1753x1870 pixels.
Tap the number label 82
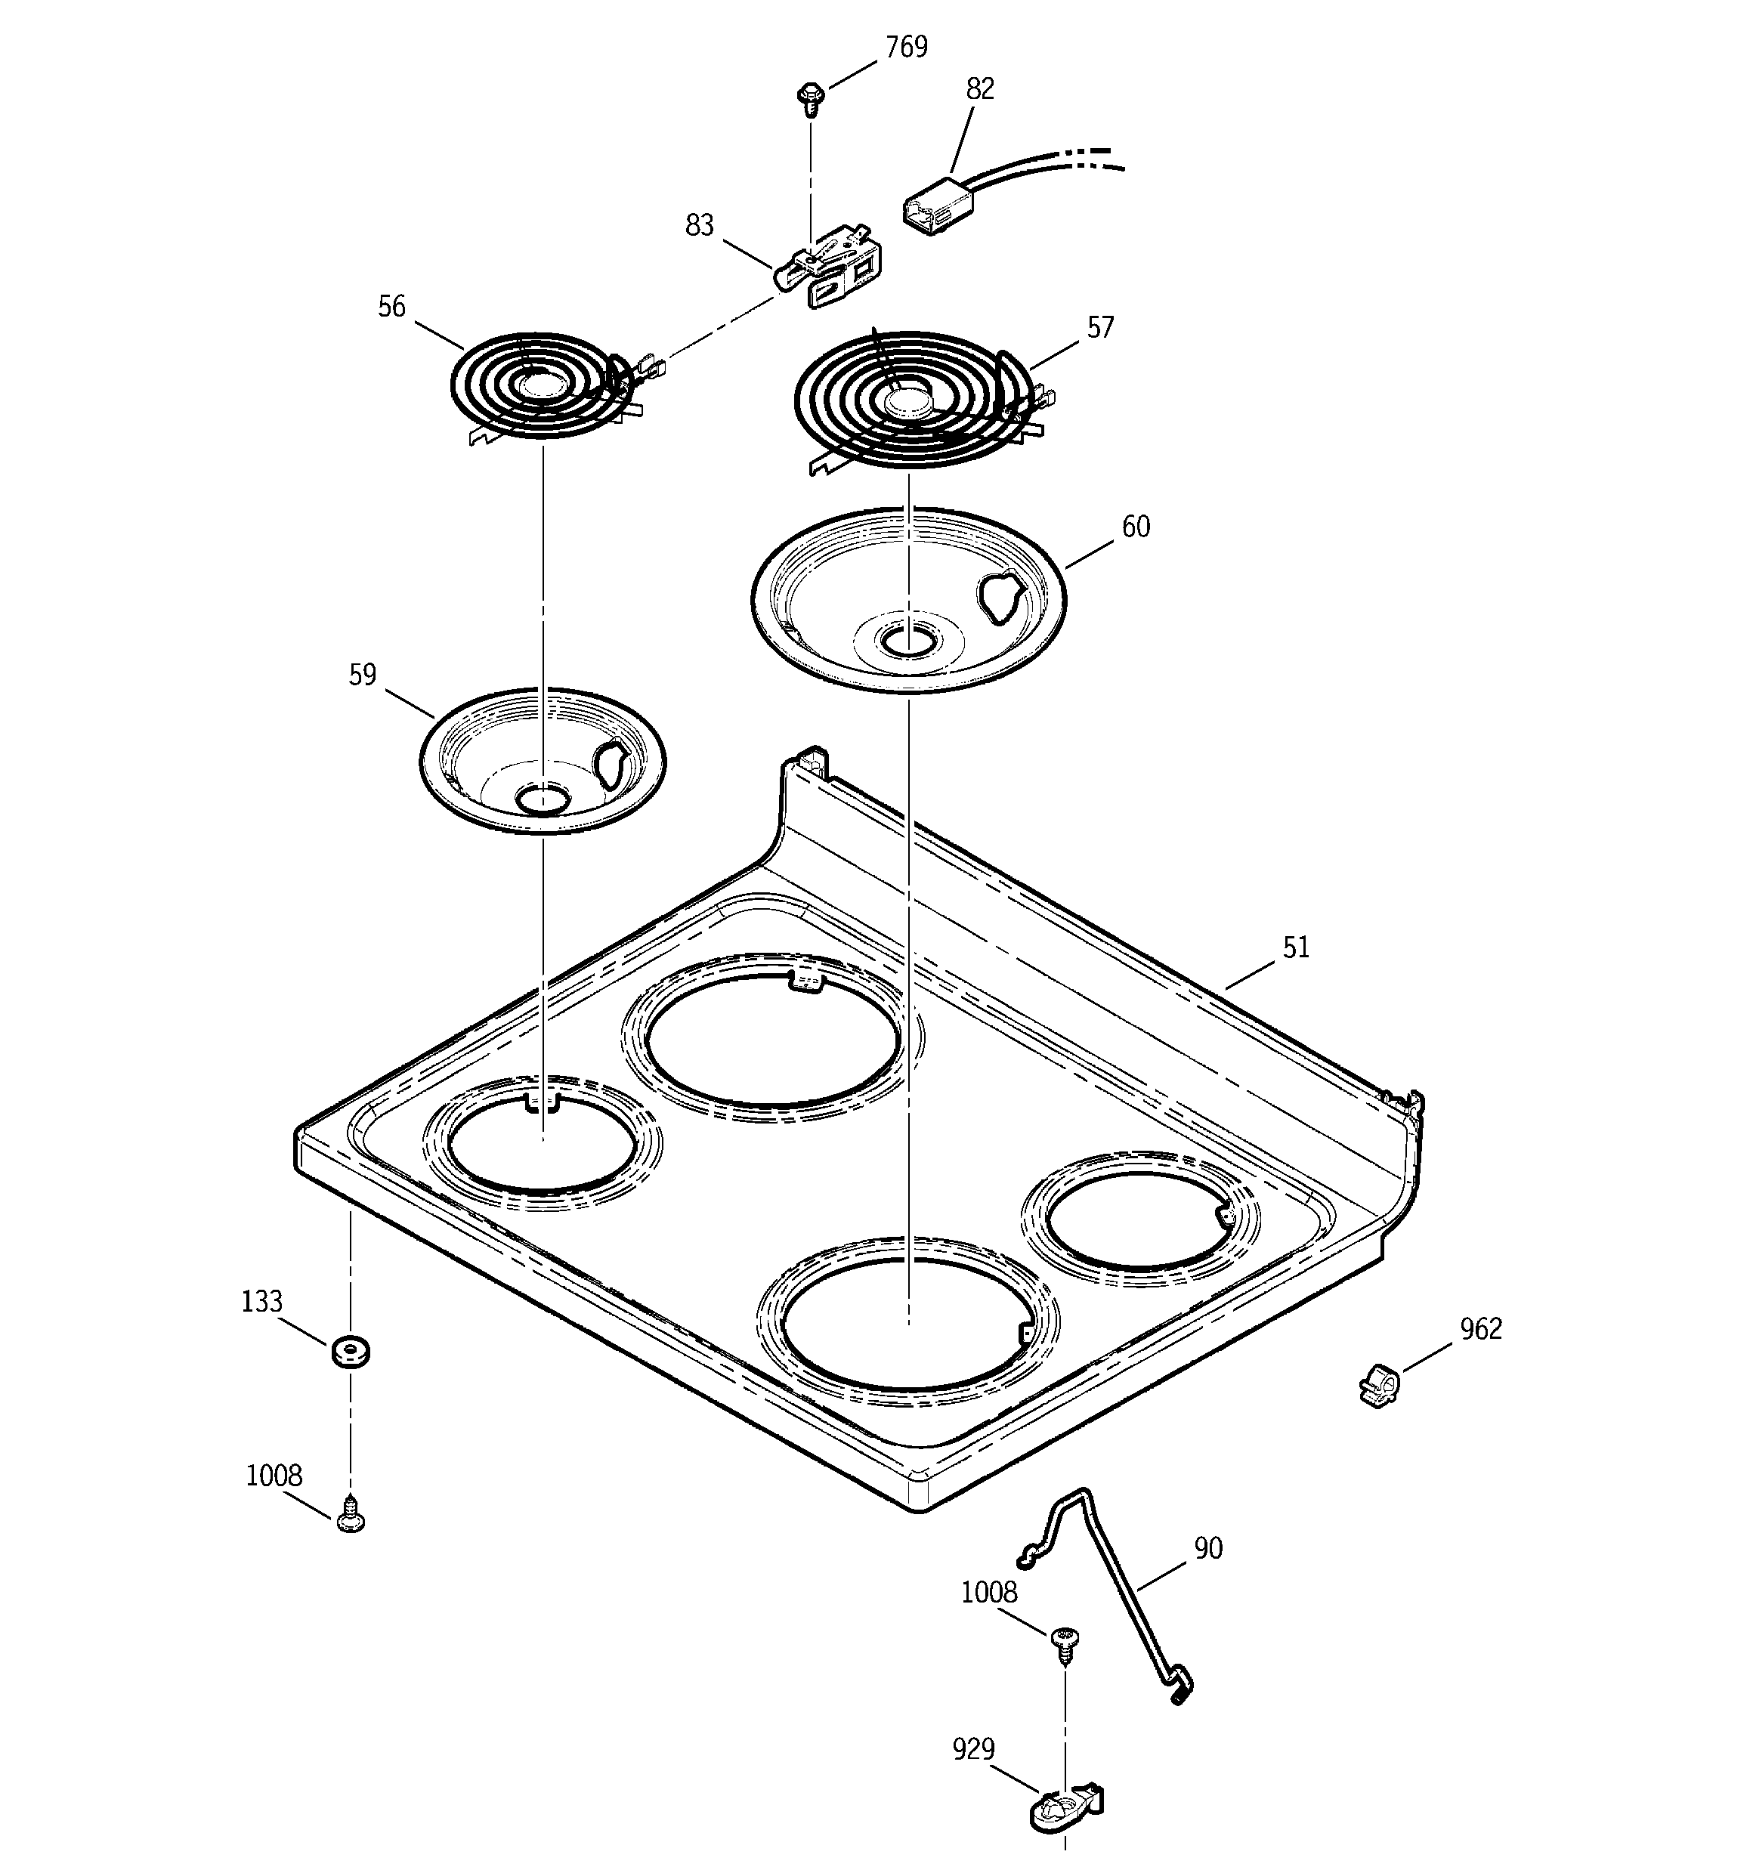tap(979, 88)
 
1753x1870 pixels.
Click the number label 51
tap(1295, 947)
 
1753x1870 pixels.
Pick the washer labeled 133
tap(350, 1352)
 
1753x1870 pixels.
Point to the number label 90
tap(1207, 1548)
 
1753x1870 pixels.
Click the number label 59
tap(361, 675)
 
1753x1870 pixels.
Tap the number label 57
tap(1100, 327)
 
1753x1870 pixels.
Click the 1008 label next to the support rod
tap(988, 1593)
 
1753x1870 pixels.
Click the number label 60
tap(1136, 527)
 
